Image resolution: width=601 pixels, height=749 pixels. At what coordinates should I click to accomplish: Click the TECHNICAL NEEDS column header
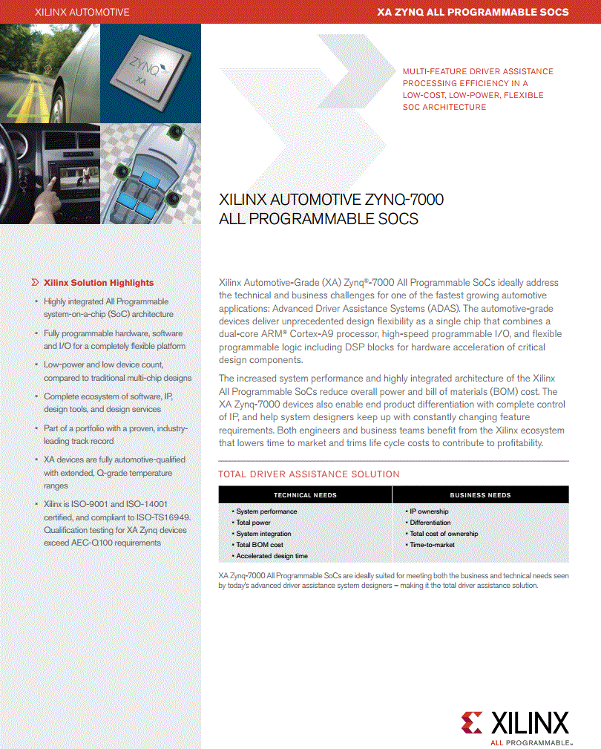point(305,495)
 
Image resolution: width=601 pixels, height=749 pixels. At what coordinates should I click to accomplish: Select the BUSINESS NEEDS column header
point(480,495)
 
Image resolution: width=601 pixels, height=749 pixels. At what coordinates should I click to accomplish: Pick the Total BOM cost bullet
point(259,545)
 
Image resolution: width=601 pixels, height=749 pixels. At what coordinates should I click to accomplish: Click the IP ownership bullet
point(429,511)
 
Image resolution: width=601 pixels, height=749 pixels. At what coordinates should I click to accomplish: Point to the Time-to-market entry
point(432,545)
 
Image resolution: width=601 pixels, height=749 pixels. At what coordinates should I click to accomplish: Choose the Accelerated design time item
point(272,556)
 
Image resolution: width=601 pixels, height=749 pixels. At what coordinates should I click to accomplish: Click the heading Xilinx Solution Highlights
point(99,283)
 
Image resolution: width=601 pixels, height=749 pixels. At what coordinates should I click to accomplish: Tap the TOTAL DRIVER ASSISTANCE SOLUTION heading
point(309,474)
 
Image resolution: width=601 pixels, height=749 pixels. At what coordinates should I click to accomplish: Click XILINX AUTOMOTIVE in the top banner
point(82,12)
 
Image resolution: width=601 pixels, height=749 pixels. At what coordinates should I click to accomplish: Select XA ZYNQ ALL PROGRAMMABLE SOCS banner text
point(473,12)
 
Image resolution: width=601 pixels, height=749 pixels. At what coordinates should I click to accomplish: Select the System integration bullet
point(263,534)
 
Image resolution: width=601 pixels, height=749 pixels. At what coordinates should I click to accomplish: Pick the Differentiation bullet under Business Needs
point(430,523)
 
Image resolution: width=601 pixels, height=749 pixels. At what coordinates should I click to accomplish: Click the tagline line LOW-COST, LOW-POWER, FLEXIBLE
point(473,95)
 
